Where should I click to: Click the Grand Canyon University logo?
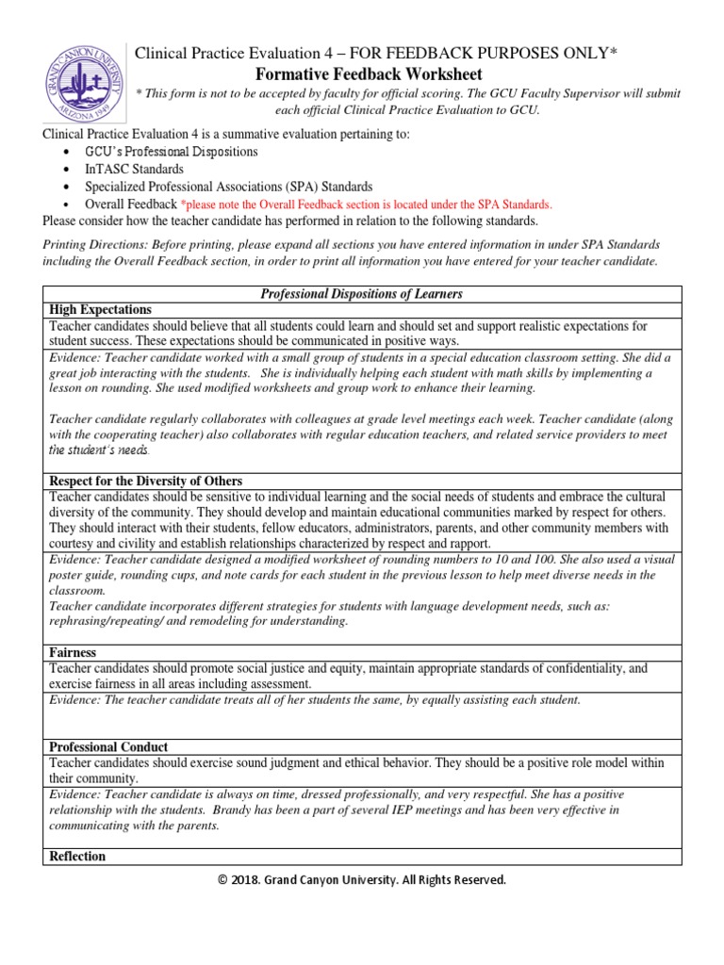click(79, 79)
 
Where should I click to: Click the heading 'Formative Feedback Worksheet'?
click(370, 74)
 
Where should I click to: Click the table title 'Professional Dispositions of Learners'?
click(362, 294)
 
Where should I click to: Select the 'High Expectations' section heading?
click(99, 310)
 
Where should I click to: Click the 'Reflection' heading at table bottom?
click(77, 857)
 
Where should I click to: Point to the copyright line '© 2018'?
click(362, 880)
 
